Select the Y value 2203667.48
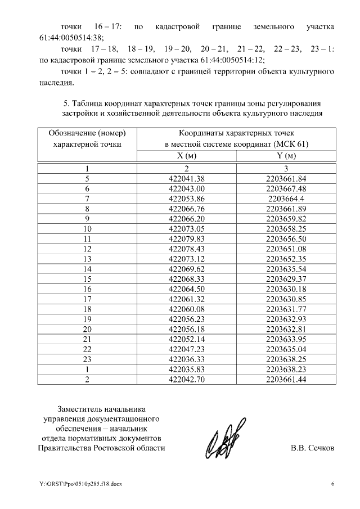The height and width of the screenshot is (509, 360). click(286, 188)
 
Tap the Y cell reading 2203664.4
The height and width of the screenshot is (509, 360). click(286, 199)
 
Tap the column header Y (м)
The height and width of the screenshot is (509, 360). click(286, 155)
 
